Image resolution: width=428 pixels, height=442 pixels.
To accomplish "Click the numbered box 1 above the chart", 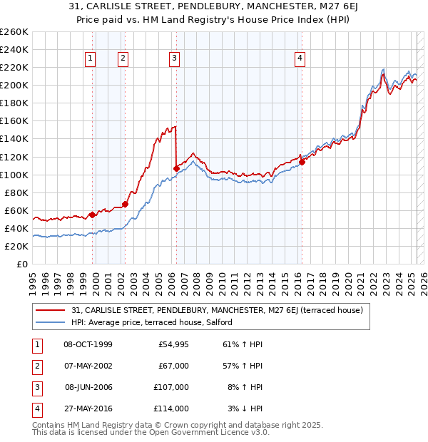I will [x=91, y=59].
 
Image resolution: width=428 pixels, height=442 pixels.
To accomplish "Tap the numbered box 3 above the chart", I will [x=174, y=59].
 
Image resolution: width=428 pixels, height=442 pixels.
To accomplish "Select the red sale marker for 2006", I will [x=176, y=168].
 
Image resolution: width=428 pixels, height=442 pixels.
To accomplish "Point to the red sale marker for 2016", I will [x=302, y=162].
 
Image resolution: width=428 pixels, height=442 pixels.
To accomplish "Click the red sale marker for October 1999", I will [x=92, y=215].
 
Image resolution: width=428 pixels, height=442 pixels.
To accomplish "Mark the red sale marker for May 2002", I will [x=125, y=204].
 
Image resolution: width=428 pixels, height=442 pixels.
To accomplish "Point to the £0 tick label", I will [x=22, y=264].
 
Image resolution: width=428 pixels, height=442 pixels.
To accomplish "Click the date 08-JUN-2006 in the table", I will [x=88, y=387].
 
